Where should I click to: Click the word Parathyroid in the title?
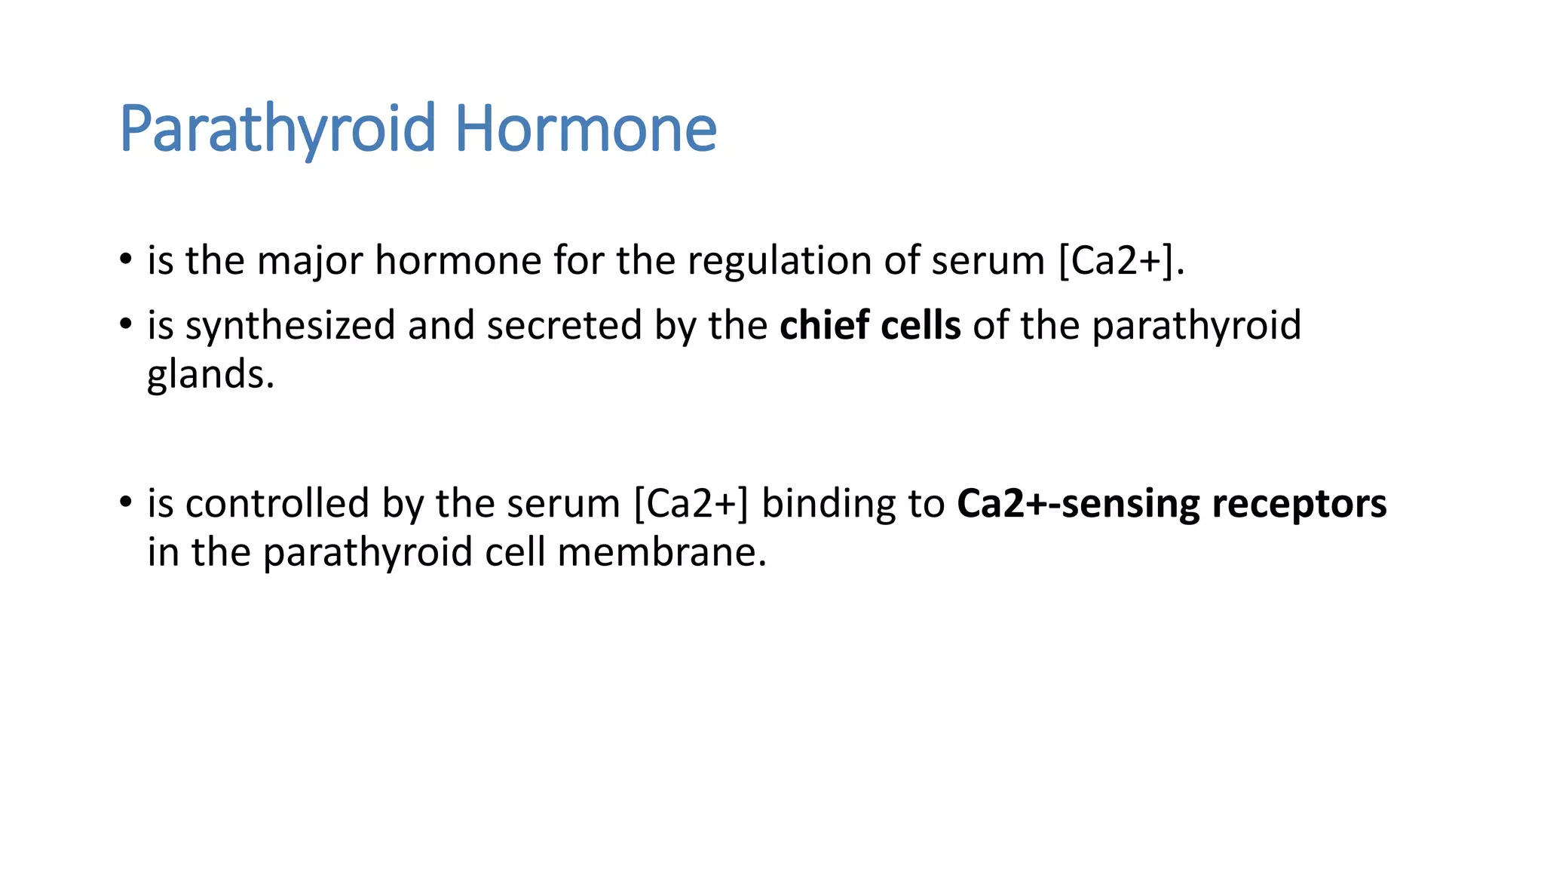pyautogui.click(x=277, y=130)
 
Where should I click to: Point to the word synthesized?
pyautogui.click(x=291, y=326)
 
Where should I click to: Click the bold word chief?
pyautogui.click(x=824, y=326)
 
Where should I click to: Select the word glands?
pyautogui.click(x=210, y=375)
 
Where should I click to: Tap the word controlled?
pyautogui.click(x=277, y=504)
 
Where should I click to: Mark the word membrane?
pyautogui.click(x=661, y=552)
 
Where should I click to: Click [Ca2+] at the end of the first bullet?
pyautogui.click(x=1117, y=261)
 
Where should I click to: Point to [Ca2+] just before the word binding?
pyautogui.click(x=691, y=504)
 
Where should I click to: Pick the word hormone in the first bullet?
pyautogui.click(x=458, y=261)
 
